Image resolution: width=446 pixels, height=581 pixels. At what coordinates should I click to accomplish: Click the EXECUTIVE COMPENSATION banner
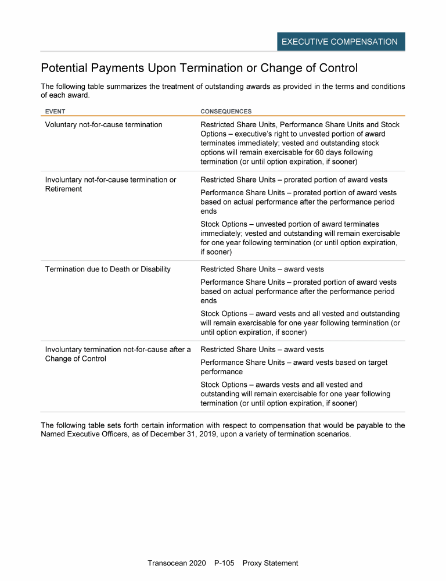[x=340, y=42]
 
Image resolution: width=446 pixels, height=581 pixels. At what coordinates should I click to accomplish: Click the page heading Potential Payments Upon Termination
[x=199, y=68]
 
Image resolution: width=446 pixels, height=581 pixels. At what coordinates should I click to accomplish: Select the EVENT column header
[x=55, y=111]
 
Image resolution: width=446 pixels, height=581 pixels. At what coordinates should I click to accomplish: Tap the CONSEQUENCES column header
[x=226, y=111]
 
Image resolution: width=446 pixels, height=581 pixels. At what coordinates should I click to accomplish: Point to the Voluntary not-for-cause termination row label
[x=103, y=125]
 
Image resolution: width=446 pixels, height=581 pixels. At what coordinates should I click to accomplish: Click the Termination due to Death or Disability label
[x=107, y=269]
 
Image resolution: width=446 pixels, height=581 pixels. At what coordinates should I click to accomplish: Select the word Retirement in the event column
[x=63, y=189]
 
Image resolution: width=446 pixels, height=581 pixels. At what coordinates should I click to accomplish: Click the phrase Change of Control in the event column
[x=75, y=358]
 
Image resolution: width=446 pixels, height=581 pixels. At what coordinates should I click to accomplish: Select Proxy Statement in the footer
[x=270, y=563]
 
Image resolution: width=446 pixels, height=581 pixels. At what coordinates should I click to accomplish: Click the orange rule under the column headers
[x=223, y=116]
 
